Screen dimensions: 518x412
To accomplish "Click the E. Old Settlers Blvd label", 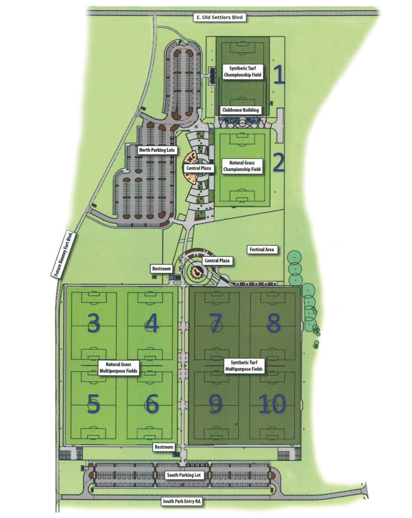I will coord(219,17).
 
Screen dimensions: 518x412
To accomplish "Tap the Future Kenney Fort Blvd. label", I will coord(63,254).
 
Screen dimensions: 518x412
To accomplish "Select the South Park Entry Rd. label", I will coord(182,501).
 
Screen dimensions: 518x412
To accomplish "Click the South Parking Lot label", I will coord(184,475).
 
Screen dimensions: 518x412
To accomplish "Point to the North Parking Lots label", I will coord(157,150).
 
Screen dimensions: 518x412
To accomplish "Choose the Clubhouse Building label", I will coord(240,110).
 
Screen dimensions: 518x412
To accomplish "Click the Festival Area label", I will coord(262,250).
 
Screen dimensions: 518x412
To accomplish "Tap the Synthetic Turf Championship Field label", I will coord(242,71).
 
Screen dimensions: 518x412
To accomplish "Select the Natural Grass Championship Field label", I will coord(242,166).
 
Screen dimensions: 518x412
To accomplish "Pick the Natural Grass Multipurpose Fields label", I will coord(118,368).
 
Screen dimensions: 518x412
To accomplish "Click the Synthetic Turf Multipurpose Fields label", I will coord(244,366).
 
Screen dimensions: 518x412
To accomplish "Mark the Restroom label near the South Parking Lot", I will coord(164,447).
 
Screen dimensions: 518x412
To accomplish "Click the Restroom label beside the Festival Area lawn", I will coord(161,269).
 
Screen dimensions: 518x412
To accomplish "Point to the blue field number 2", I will coord(278,163).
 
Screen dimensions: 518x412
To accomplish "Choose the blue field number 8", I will coord(273,322).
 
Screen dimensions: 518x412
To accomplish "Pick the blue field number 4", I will coord(152,323).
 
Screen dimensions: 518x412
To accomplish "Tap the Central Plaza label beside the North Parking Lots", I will coord(199,168).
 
